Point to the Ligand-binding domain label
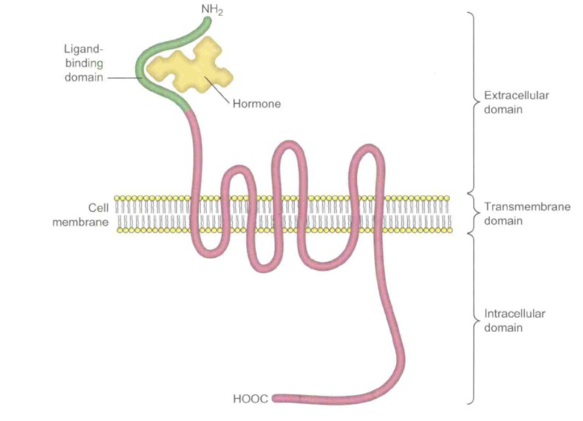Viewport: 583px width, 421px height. [x=82, y=63]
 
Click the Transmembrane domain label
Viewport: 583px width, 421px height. [x=526, y=214]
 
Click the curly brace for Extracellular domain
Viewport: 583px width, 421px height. [x=472, y=102]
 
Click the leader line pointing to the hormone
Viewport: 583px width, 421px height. [x=218, y=94]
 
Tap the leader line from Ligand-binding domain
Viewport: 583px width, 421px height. [x=123, y=78]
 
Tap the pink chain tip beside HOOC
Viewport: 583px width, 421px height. [x=277, y=398]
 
